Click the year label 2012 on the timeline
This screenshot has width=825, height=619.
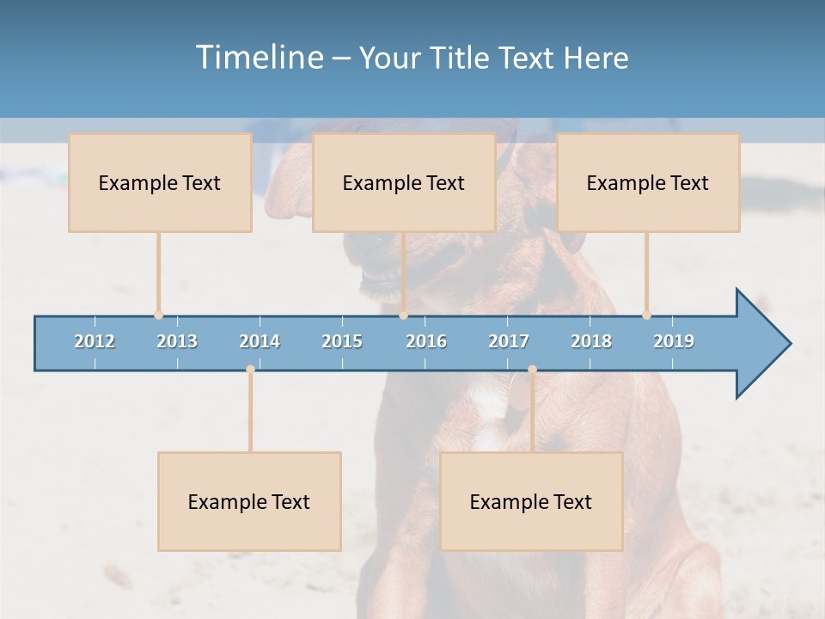pos(95,341)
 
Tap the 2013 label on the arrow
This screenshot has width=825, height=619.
pos(177,341)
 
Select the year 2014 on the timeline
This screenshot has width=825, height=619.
pos(260,341)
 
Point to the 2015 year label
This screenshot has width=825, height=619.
pos(342,341)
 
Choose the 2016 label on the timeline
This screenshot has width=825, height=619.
pos(426,341)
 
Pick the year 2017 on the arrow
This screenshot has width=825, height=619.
pos(509,341)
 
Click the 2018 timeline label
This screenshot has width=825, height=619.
pos(591,341)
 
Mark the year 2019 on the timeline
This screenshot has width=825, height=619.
pos(674,341)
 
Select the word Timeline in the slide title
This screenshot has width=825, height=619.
pos(258,58)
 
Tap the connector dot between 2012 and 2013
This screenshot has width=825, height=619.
pos(158,316)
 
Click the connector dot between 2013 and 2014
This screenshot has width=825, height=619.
pos(250,370)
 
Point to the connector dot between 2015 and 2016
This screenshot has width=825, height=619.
pos(403,316)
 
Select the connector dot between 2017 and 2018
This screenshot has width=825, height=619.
pos(532,370)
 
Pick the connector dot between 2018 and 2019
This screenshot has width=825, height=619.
pos(646,316)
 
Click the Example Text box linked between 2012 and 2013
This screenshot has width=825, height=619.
pos(160,182)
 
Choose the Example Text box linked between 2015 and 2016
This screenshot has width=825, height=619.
pos(404,182)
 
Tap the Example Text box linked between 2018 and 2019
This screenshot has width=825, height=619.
pos(648,182)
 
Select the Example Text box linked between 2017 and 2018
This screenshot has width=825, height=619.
pos(531,501)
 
